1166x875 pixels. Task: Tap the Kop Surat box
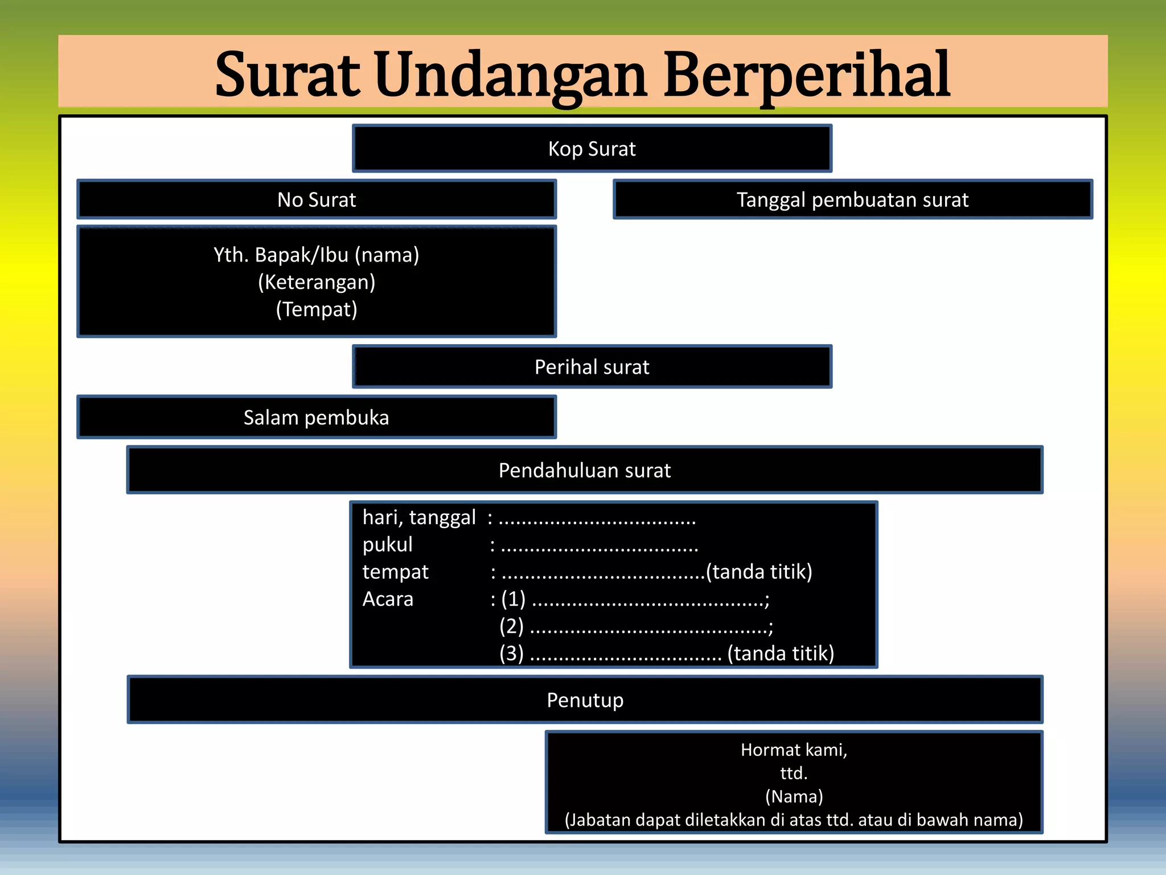tap(592, 149)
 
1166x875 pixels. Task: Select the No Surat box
tap(317, 200)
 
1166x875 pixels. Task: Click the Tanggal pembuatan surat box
tap(852, 200)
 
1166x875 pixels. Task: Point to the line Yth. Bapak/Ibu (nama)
tap(317, 255)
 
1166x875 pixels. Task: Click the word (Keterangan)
tap(317, 282)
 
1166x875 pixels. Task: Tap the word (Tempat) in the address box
tap(317, 309)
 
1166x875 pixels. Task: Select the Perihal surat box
tap(592, 367)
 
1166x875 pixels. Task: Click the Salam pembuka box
tap(317, 418)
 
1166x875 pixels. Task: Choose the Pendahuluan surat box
tap(585, 471)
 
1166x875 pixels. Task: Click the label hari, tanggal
tap(419, 517)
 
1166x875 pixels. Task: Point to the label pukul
tap(387, 545)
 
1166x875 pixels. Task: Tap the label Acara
tap(388, 599)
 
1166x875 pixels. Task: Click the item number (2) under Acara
tap(511, 626)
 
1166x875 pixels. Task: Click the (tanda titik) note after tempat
tap(759, 571)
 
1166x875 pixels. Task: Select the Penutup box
tap(585, 700)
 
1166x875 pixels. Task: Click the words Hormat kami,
tap(794, 750)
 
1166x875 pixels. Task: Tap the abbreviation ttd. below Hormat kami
tap(794, 773)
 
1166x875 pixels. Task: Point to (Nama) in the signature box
tap(794, 796)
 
